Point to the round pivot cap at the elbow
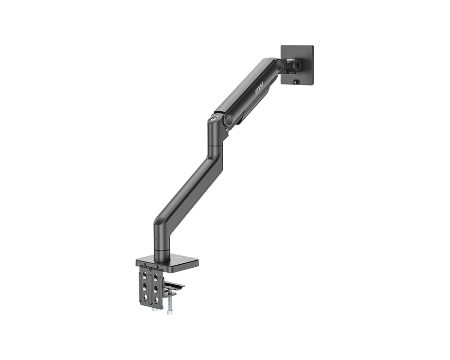[229, 120]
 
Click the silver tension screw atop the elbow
[214, 118]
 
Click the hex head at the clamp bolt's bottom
[170, 312]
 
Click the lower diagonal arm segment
[189, 193]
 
